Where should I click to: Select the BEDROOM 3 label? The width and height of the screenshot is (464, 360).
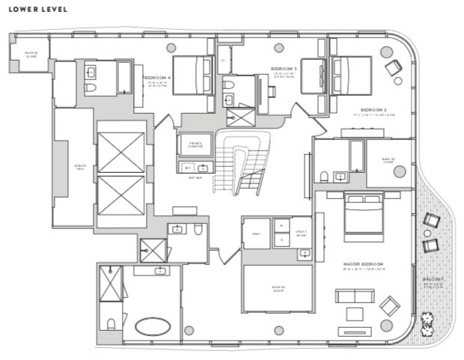(284, 68)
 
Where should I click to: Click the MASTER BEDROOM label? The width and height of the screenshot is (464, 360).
(364, 264)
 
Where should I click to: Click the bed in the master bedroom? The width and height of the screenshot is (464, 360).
(364, 213)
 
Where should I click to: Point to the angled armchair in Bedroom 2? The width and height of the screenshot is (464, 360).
(393, 68)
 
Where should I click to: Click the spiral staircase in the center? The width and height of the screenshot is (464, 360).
(241, 161)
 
